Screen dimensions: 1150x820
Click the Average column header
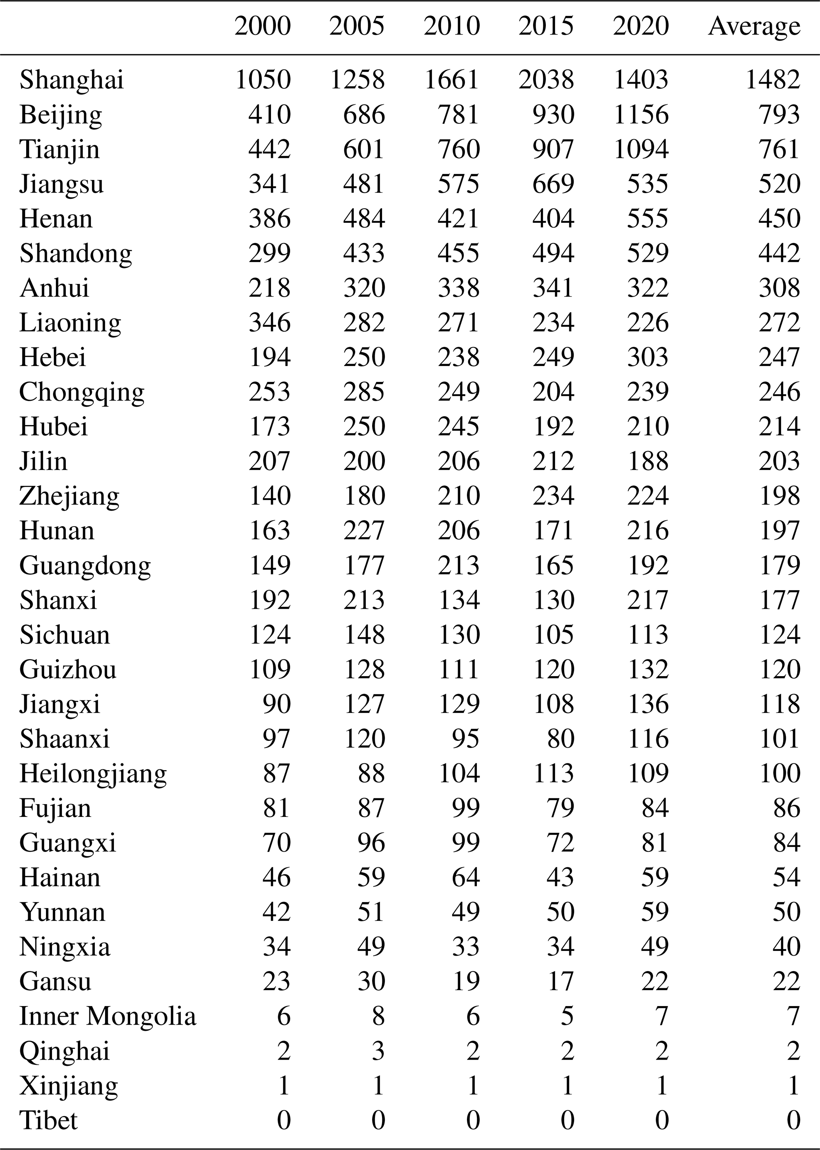[754, 26]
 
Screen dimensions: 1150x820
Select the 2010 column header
[451, 26]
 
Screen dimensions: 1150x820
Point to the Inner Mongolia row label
[108, 1016]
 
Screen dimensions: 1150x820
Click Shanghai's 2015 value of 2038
[546, 80]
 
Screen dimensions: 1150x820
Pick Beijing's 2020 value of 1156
[641, 115]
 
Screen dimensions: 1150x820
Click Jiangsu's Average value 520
[779, 184]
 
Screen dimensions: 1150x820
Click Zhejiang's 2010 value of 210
[459, 496]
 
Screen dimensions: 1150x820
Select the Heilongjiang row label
[93, 773]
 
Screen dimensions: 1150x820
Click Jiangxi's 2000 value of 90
[276, 704]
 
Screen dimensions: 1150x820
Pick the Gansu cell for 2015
[560, 981]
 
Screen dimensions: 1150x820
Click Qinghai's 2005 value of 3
[378, 1050]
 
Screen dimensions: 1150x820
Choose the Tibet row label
[48, 1120]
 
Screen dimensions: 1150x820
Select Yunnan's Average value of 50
[786, 912]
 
